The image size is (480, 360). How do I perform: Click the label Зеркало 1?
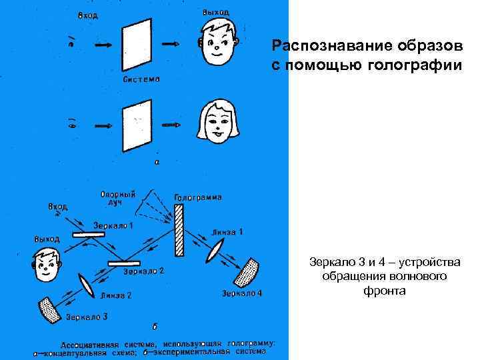tap(114, 225)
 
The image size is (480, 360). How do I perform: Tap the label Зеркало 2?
tap(144, 271)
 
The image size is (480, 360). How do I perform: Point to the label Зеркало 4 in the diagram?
tap(242, 293)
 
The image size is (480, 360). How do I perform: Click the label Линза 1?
tap(228, 231)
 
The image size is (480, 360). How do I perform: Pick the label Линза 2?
tap(117, 295)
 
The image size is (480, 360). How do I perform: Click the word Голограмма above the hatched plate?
tap(198, 197)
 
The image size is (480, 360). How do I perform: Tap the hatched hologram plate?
tap(179, 231)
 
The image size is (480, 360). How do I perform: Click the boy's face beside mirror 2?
tap(45, 265)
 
